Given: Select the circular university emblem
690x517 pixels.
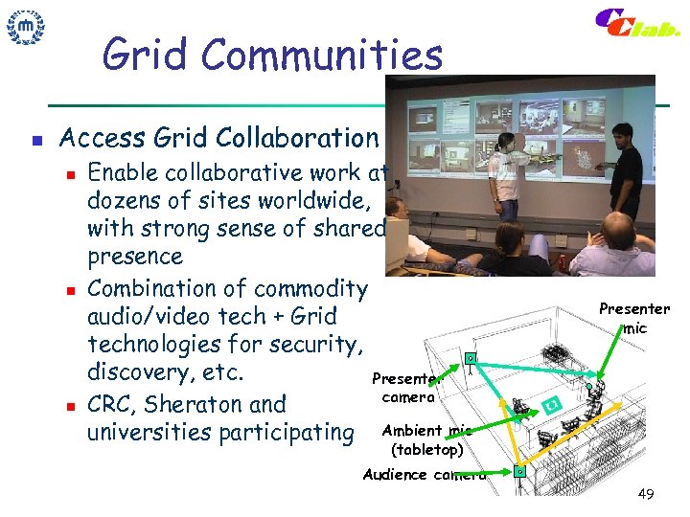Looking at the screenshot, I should tap(26, 28).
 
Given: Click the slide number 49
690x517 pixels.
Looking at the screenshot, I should tap(646, 494).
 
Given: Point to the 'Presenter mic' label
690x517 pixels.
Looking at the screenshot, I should tap(633, 318).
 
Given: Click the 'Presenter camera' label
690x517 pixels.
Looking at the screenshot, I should tap(408, 388).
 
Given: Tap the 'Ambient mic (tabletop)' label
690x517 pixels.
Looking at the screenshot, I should tap(426, 439).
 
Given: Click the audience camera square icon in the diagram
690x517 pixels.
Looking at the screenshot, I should tap(518, 472).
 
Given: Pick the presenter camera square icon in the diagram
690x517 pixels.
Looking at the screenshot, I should tap(471, 359).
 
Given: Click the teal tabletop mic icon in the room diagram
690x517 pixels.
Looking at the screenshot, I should tap(549, 405).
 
